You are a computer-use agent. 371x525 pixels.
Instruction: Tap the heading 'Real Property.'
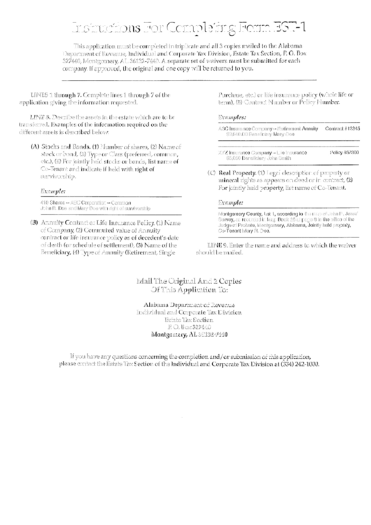244,172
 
